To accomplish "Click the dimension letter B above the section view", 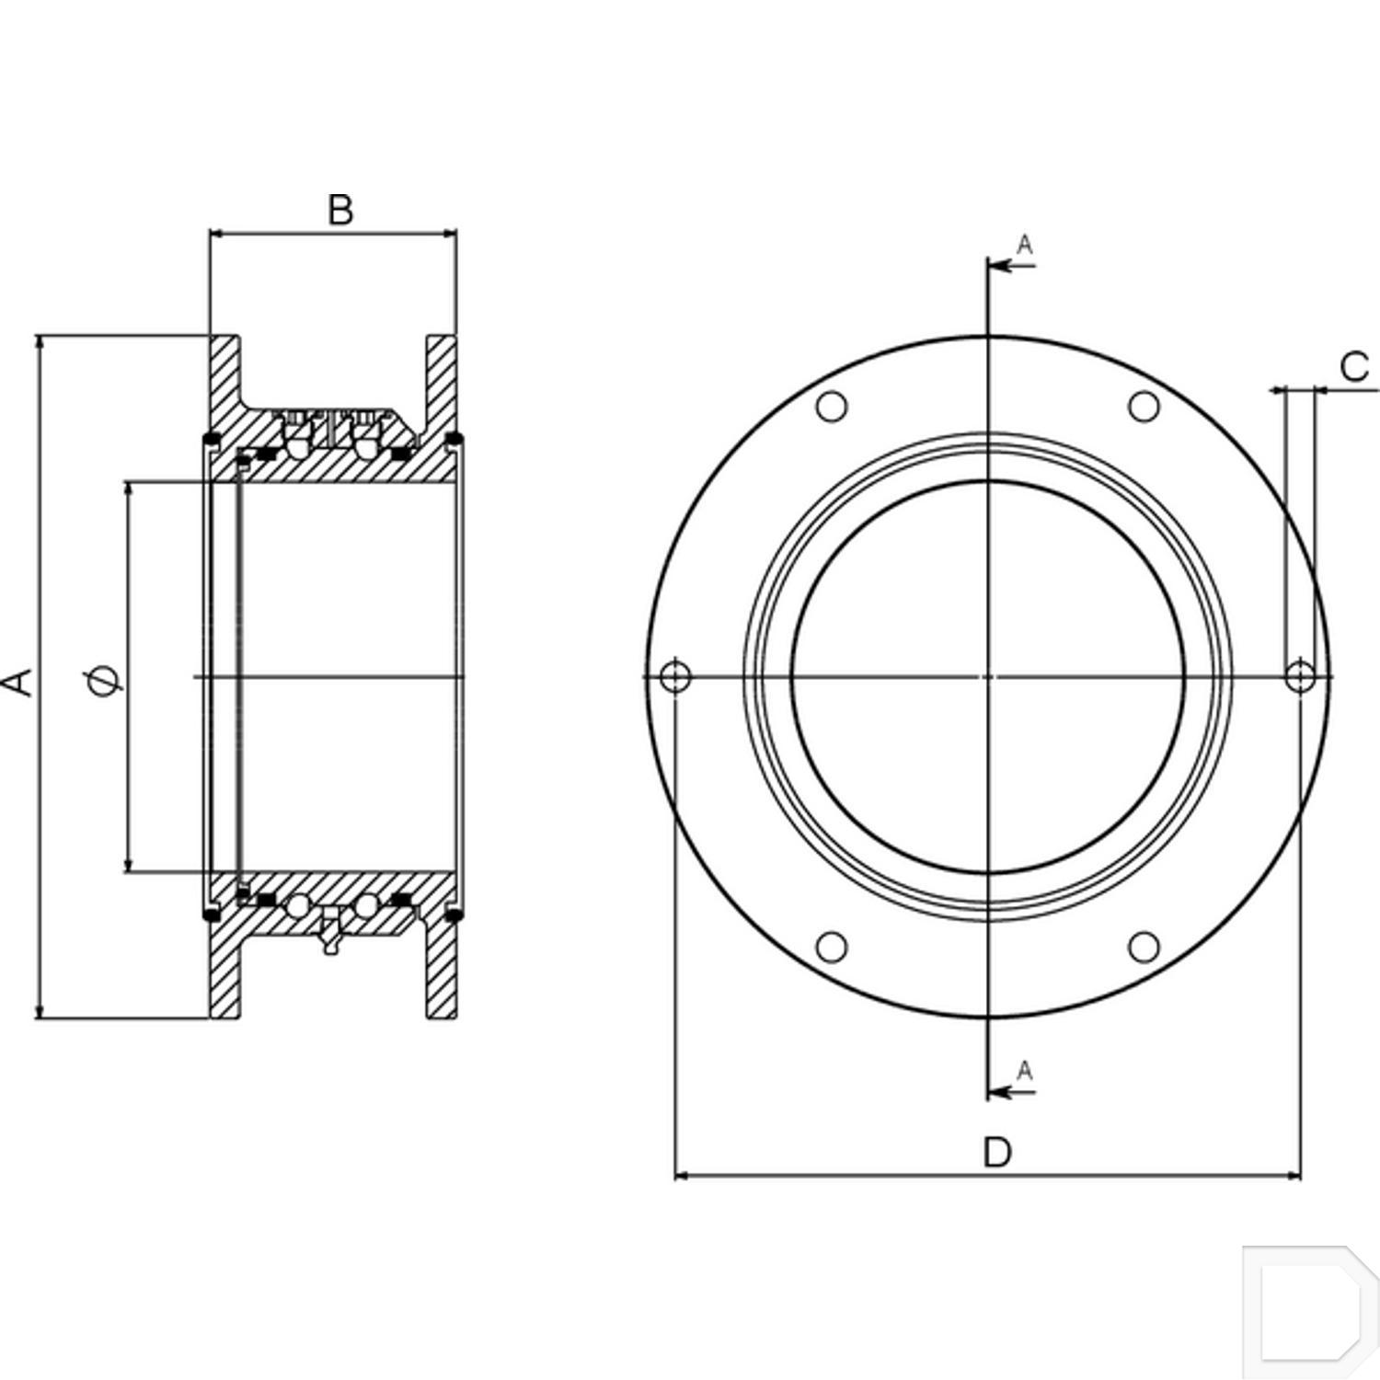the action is [x=340, y=210].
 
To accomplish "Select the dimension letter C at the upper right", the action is [x=1354, y=367].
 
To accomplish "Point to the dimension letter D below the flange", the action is [x=997, y=1152].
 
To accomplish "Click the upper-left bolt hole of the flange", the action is [x=832, y=406].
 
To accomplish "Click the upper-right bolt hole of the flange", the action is [x=1144, y=406].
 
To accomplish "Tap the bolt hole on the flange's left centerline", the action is [x=676, y=676].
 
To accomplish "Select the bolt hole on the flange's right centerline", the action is [x=1300, y=676].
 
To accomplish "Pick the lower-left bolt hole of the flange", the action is [x=832, y=947].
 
